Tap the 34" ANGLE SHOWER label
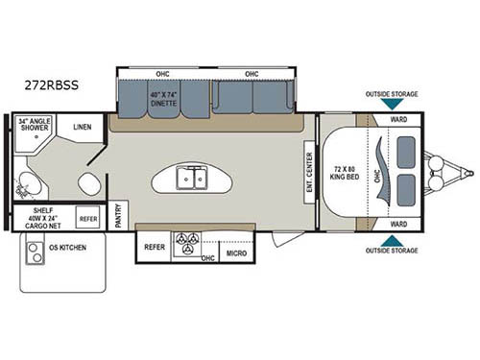tap(35, 126)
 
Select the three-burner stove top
tap(186, 244)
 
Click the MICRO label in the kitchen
tap(235, 253)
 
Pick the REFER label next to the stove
tap(154, 247)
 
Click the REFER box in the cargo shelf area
tap(87, 219)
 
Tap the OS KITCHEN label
tap(53, 246)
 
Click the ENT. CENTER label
tap(308, 170)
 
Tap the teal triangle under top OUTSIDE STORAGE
tap(391, 106)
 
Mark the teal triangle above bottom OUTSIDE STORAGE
tap(391, 240)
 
